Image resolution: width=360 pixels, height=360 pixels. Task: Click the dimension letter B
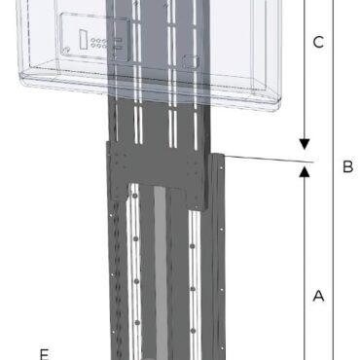click(x=347, y=166)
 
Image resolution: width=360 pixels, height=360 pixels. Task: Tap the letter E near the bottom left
click(x=43, y=351)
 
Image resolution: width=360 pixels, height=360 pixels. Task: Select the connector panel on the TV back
click(x=92, y=40)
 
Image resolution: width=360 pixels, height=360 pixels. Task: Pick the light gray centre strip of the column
click(x=161, y=282)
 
